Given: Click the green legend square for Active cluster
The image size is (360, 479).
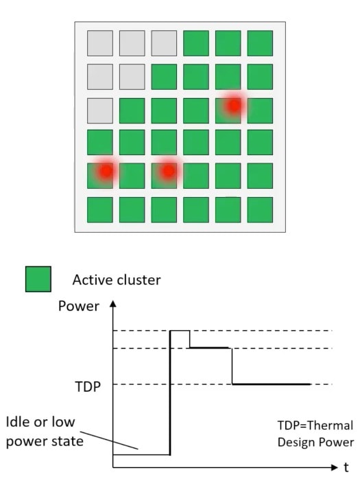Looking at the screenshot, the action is click(x=38, y=279).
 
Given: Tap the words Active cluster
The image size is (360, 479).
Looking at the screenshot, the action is click(x=117, y=280).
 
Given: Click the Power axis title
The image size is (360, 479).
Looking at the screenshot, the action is click(x=79, y=306).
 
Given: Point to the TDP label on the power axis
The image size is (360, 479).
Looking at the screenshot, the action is click(x=88, y=386).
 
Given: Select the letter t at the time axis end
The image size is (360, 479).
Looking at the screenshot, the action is click(x=346, y=467).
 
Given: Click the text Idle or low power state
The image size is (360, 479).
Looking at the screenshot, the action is click(x=45, y=432).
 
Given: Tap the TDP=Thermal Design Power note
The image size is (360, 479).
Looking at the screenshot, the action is click(x=315, y=434).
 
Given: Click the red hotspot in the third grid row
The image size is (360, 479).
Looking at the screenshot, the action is click(x=235, y=106).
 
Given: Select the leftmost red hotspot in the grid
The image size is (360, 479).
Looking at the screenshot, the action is click(x=106, y=171).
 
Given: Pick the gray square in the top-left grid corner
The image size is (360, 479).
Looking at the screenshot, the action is click(x=100, y=43).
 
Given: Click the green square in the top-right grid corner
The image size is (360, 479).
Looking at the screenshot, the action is click(x=260, y=43).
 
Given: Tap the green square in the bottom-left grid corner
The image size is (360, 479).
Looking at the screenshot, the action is click(x=100, y=209).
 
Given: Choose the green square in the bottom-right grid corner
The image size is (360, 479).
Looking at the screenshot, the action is click(x=260, y=209).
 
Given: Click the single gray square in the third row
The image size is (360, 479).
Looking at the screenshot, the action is click(x=100, y=110).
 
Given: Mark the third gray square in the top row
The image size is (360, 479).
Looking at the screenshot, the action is click(x=164, y=43).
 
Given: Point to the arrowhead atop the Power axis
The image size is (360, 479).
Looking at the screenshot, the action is click(x=113, y=303).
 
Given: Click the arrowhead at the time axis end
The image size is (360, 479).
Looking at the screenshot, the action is click(x=334, y=467).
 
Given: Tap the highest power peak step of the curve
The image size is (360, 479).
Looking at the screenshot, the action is click(x=180, y=331).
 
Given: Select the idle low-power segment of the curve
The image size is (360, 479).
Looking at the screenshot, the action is click(x=141, y=454).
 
